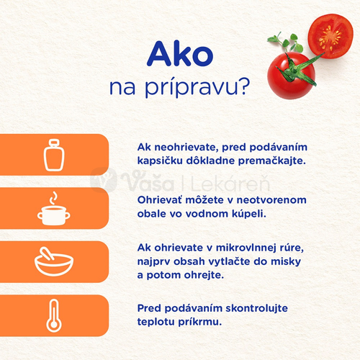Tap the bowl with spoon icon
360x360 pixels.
[x=54, y=261]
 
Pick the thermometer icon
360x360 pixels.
[x=54, y=315]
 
